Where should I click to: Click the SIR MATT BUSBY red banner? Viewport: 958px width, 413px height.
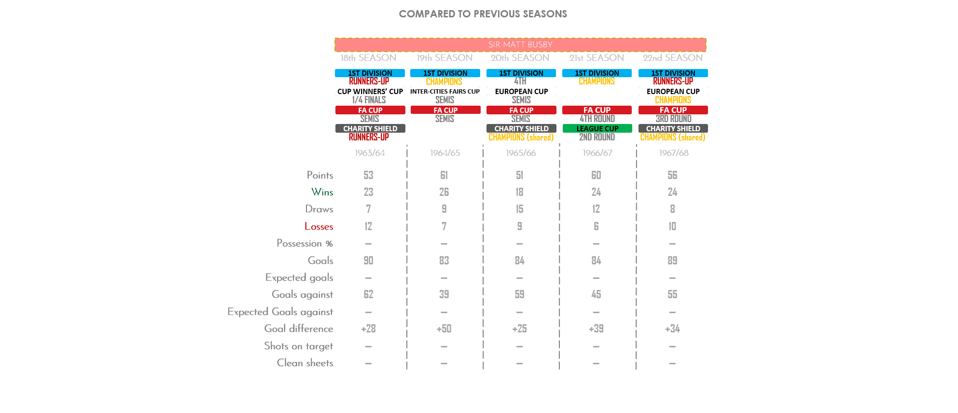pyautogui.click(x=520, y=44)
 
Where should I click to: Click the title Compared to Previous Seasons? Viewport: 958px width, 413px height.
pyautogui.click(x=483, y=14)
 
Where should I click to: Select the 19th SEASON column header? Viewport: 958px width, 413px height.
pyautogui.click(x=444, y=58)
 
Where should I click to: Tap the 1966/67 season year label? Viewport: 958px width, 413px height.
pyautogui.click(x=597, y=153)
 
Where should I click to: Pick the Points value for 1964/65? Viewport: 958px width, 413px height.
pyautogui.click(x=444, y=175)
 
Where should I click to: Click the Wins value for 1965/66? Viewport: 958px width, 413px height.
pyautogui.click(x=519, y=192)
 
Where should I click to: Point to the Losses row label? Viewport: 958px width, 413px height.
pyautogui.click(x=319, y=226)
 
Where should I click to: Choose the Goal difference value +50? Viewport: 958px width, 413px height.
pyautogui.click(x=444, y=329)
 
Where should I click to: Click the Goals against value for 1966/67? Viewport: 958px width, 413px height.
pyautogui.click(x=596, y=294)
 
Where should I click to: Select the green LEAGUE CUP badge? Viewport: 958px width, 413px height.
pyautogui.click(x=597, y=129)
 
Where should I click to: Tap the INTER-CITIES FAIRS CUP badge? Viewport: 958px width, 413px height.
pyautogui.click(x=445, y=91)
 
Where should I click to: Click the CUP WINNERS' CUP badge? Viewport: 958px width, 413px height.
pyautogui.click(x=370, y=91)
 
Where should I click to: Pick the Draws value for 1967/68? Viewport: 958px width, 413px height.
pyautogui.click(x=672, y=209)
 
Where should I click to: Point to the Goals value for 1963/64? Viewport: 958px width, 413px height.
pyautogui.click(x=368, y=261)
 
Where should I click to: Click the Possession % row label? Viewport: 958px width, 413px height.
pyautogui.click(x=305, y=243)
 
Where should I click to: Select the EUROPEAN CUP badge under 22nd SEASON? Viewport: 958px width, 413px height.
pyautogui.click(x=673, y=91)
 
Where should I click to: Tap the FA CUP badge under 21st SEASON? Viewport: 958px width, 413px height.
pyautogui.click(x=597, y=110)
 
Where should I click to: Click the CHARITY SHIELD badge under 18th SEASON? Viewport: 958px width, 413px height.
pyautogui.click(x=370, y=129)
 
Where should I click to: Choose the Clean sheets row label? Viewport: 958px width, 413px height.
pyautogui.click(x=305, y=363)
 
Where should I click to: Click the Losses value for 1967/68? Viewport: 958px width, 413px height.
pyautogui.click(x=672, y=226)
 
